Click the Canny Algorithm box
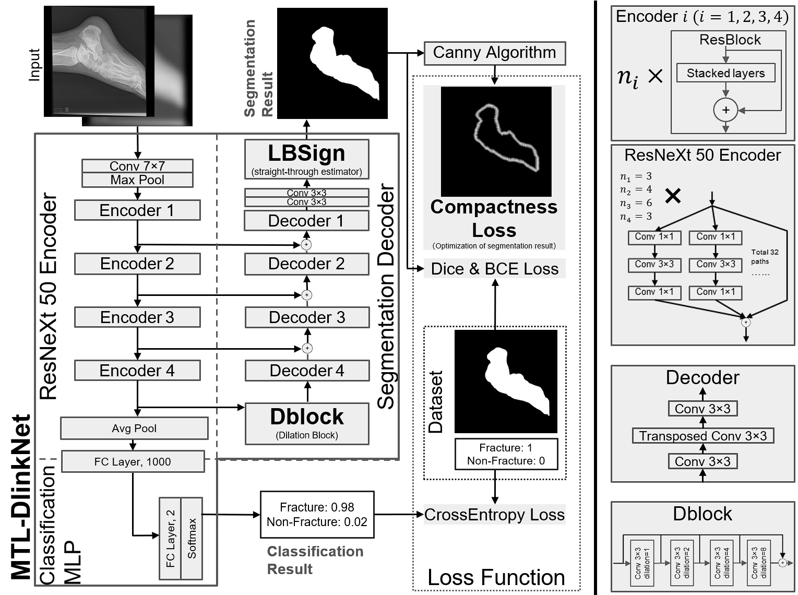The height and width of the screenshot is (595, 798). pos(494,53)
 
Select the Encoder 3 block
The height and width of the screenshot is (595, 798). pos(137,317)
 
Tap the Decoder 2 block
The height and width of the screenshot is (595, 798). pos(306,264)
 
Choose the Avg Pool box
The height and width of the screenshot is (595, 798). pos(134,429)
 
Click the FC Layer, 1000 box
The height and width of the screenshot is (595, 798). pos(133,462)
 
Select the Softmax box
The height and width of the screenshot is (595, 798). pos(192,538)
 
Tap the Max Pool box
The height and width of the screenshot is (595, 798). pos(137,180)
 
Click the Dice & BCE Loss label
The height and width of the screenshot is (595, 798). pos(494,269)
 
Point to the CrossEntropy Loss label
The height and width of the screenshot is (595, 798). pos(494,515)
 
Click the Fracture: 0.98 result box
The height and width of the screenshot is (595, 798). pos(317,515)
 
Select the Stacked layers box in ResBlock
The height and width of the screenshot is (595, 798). pos(725,73)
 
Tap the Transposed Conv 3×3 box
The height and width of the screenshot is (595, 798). pos(702,436)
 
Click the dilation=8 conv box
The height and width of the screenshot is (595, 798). pos(759,563)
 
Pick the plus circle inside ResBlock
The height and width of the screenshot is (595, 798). pos(725,110)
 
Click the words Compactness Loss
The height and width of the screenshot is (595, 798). pos(494,218)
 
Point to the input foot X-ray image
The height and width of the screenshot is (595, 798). pos(99,61)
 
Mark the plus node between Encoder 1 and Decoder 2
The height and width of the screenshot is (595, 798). pos(307,244)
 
